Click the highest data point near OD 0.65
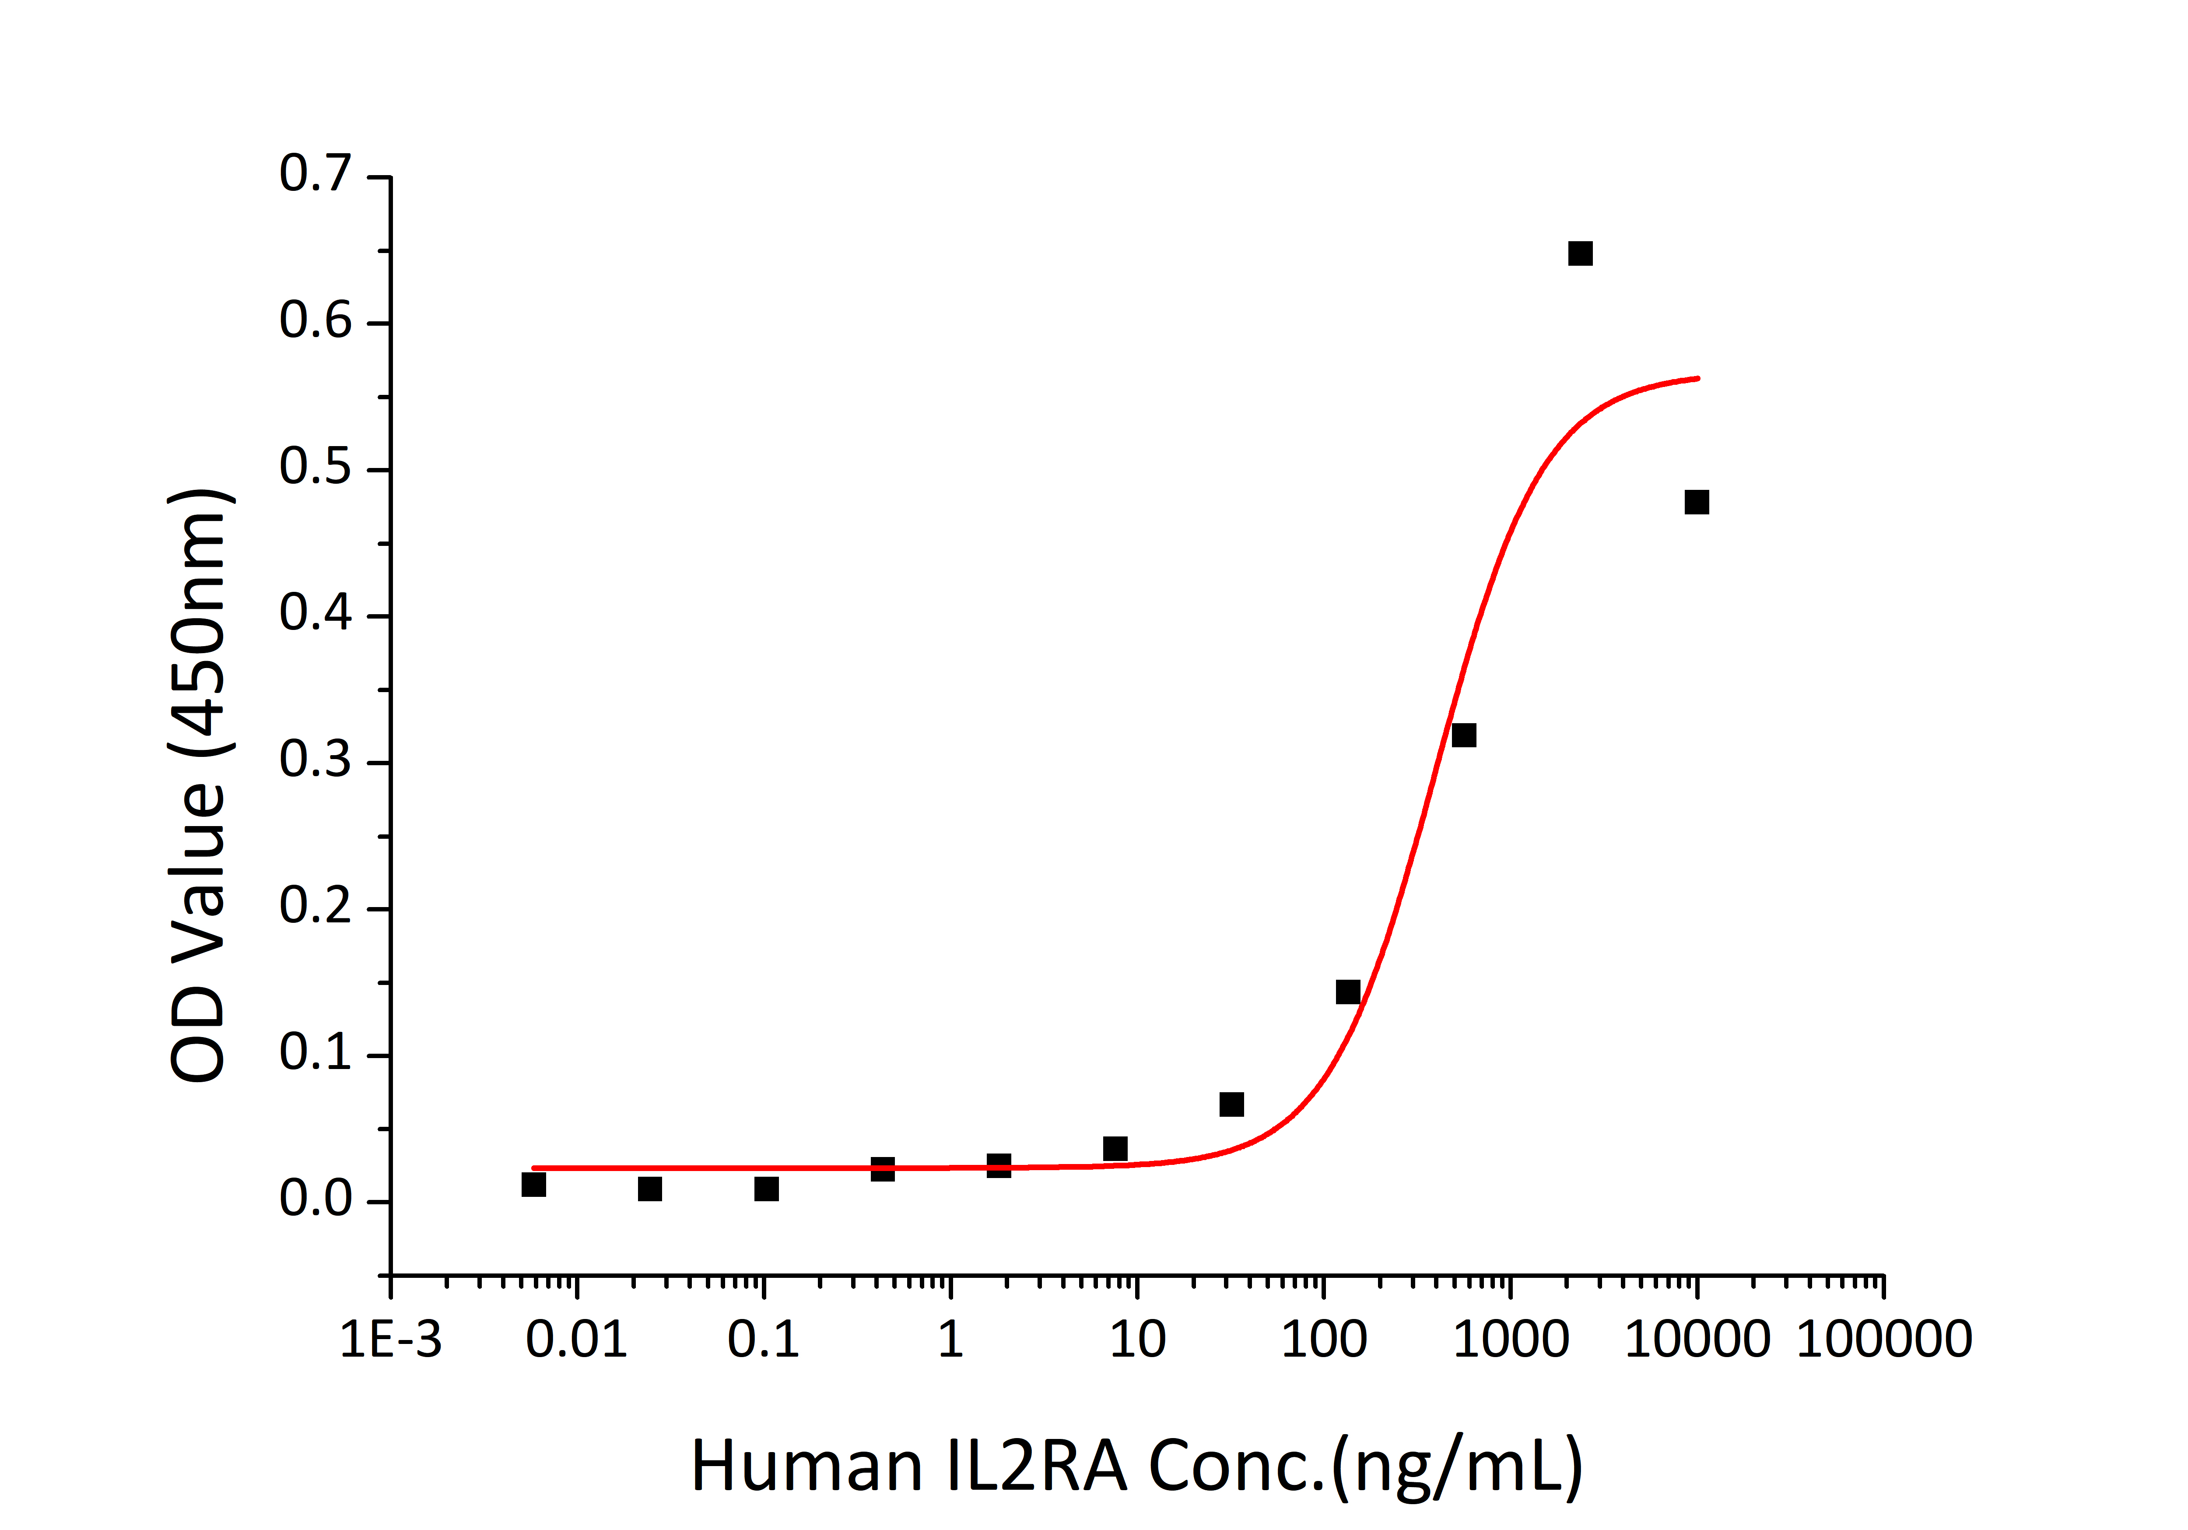click(x=1580, y=253)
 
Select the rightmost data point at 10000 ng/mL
click(x=1696, y=503)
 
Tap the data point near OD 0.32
click(x=1464, y=735)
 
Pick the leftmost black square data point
click(x=534, y=1185)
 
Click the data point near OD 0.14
click(x=1347, y=992)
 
